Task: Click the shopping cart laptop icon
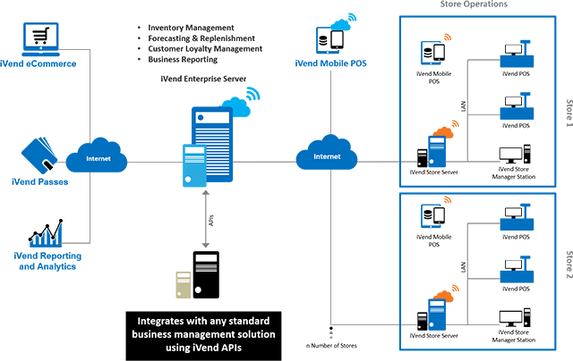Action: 40,38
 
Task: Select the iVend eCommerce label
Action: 38,65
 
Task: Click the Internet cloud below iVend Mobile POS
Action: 327,156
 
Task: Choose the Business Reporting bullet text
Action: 180,60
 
